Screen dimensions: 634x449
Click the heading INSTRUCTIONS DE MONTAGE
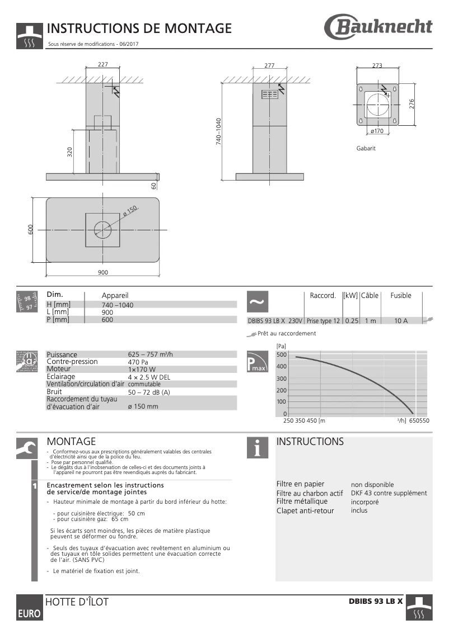point(139,29)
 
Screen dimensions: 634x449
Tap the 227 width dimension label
point(102,65)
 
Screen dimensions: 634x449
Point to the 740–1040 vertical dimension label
point(219,132)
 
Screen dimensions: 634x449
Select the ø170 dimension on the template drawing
point(377,131)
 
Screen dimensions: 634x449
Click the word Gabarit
point(366,149)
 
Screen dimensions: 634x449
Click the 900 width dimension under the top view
point(102,272)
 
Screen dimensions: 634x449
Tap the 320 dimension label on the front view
point(70,152)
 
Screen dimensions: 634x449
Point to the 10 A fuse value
point(401,321)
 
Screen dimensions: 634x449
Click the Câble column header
point(370,295)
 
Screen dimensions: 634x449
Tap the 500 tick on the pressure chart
point(281,355)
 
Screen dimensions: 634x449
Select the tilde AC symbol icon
point(257,301)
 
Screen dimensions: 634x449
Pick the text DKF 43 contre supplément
point(389,493)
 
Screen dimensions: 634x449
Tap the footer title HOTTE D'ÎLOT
point(77,602)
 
